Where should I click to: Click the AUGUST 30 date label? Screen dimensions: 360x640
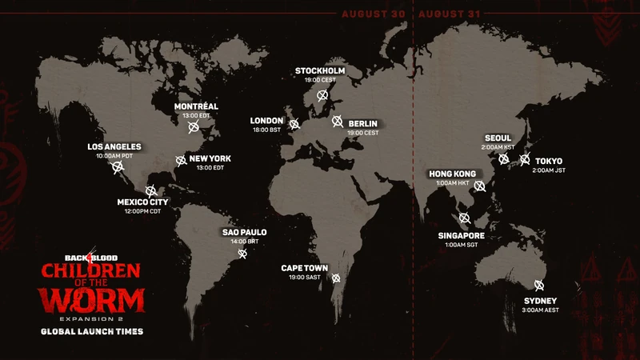[374, 14]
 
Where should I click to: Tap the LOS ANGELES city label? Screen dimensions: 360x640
[115, 146]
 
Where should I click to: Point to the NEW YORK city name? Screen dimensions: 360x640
[209, 158]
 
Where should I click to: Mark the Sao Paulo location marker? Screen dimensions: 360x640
[243, 254]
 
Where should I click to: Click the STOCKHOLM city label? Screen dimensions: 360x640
[320, 70]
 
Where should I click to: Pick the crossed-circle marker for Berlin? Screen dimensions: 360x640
[338, 122]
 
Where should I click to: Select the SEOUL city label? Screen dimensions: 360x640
[498, 138]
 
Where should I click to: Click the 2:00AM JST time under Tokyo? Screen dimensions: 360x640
[549, 171]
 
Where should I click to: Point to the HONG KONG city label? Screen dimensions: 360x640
[453, 174]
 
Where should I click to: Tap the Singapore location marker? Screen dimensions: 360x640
[464, 218]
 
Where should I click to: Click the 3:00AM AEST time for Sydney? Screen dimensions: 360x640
[541, 310]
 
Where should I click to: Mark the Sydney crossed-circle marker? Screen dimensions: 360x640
[538, 285]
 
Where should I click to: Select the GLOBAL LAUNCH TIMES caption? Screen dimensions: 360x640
[94, 330]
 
